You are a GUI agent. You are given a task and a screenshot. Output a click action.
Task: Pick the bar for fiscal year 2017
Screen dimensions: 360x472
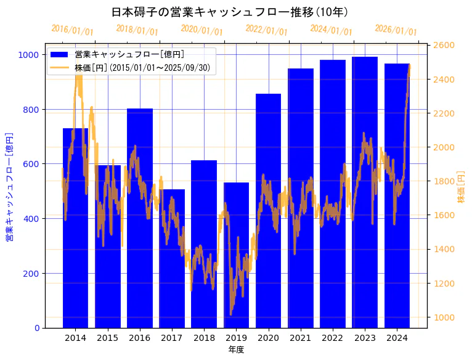click(172, 258)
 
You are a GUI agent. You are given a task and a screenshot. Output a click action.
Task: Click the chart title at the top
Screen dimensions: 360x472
click(230, 12)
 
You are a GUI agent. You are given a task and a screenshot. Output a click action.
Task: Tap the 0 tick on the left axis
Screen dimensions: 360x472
click(37, 328)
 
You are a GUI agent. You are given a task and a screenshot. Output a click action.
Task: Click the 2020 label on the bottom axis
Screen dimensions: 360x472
click(268, 338)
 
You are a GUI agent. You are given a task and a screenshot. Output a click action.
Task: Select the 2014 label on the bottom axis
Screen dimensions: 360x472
click(75, 338)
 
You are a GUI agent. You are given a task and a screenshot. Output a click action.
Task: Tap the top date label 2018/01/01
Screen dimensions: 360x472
click(137, 30)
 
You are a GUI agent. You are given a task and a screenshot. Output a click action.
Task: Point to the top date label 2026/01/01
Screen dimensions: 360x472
click(396, 30)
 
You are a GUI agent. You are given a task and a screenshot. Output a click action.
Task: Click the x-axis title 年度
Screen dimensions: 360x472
click(236, 350)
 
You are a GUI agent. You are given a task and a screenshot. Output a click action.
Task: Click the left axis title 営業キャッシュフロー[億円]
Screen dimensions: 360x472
click(10, 186)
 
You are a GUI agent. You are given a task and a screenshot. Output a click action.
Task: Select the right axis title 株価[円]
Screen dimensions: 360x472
click(461, 187)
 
